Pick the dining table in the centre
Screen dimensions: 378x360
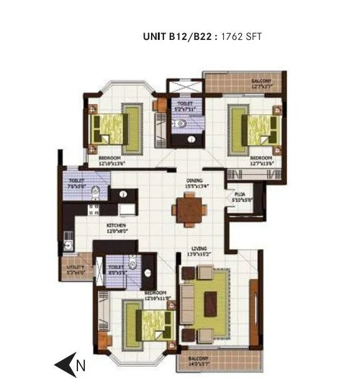[x=187, y=210]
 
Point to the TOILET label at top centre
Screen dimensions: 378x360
[x=185, y=104]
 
